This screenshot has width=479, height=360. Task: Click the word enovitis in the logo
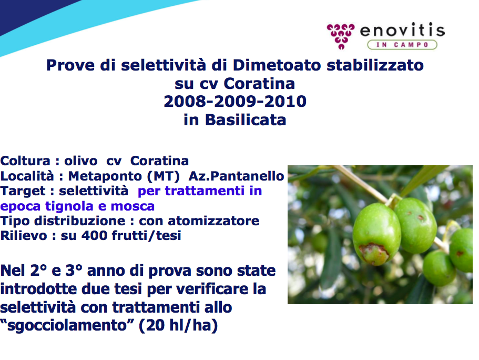coord(402,31)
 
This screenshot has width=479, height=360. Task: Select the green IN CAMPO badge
coord(402,45)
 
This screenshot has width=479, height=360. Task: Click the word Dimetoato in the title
coord(277,65)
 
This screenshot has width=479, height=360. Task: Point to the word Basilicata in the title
coord(246,119)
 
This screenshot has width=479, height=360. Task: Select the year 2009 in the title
coord(235,101)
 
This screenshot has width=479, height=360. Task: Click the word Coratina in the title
coord(259,83)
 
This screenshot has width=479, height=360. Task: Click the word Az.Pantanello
coord(237,176)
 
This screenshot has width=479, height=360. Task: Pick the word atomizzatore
coord(213,221)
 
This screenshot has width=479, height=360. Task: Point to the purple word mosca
coord(133,206)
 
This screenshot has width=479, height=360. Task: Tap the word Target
coord(23,191)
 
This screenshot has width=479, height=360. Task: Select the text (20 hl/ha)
coord(178,325)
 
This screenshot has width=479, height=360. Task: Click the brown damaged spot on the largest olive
coord(373,253)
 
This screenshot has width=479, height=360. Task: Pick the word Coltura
coord(25,161)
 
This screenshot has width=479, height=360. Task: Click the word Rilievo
coord(24,235)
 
